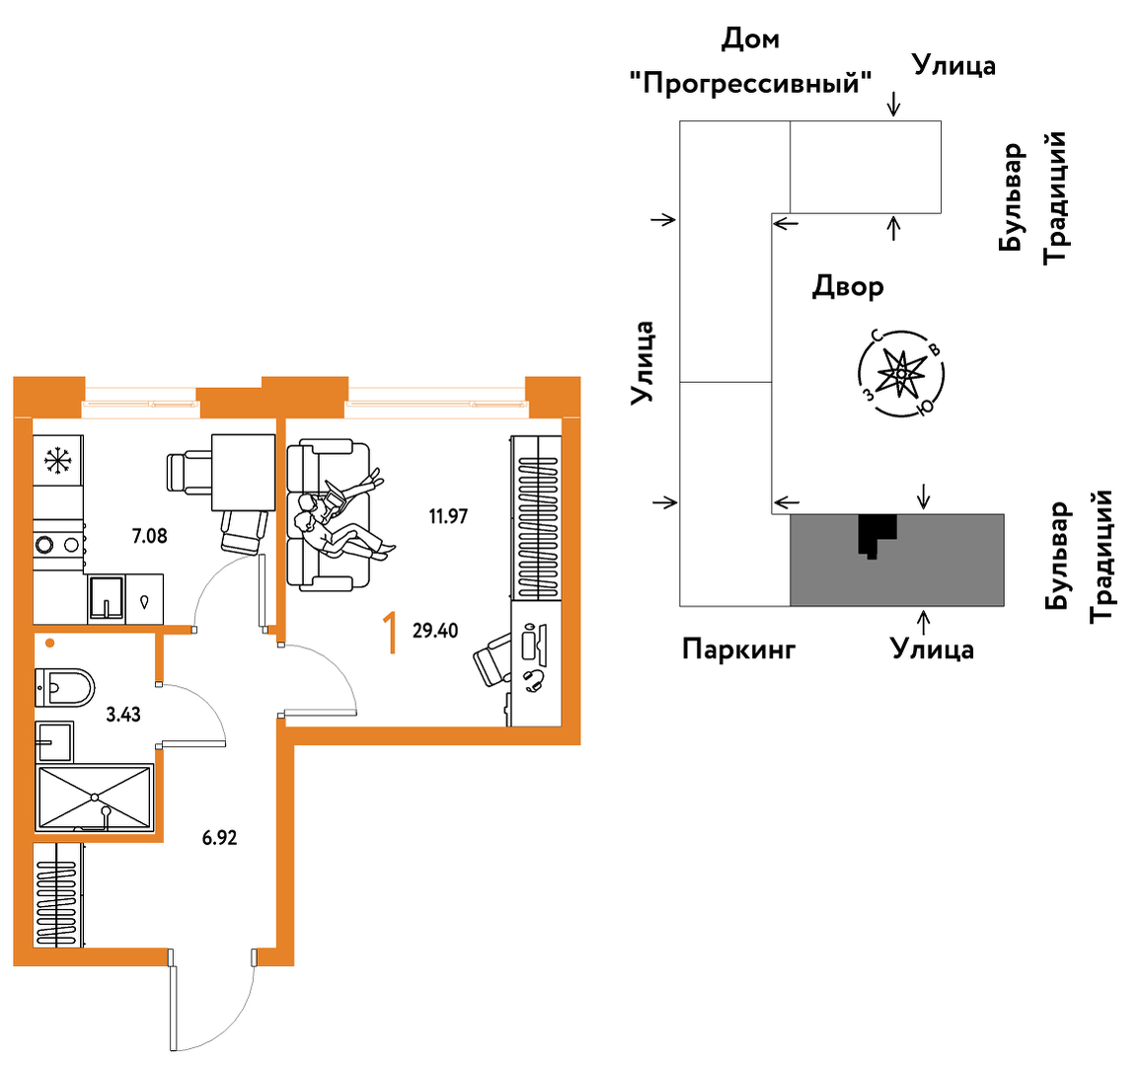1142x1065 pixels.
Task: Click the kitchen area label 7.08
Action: pyautogui.click(x=149, y=536)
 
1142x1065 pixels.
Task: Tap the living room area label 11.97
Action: pyautogui.click(x=448, y=516)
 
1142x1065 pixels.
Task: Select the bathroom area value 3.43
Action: pyautogui.click(x=123, y=715)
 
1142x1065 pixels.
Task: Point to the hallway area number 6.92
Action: pyautogui.click(x=219, y=838)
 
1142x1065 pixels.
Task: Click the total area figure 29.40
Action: pyautogui.click(x=435, y=631)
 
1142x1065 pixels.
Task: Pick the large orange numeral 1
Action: pyautogui.click(x=391, y=633)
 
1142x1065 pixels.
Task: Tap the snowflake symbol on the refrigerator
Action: pyautogui.click(x=58, y=460)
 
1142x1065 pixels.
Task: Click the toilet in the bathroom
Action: pyautogui.click(x=65, y=688)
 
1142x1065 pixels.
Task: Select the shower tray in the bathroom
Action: pyautogui.click(x=95, y=798)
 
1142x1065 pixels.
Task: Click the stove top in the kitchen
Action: pyautogui.click(x=59, y=544)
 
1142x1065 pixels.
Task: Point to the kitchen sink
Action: pyautogui.click(x=107, y=599)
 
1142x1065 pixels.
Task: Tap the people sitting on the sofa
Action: pyautogui.click(x=343, y=516)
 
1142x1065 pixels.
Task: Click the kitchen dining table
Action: pyautogui.click(x=243, y=473)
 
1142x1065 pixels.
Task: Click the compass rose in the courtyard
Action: pyautogui.click(x=901, y=374)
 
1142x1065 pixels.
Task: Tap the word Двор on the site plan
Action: pyautogui.click(x=848, y=287)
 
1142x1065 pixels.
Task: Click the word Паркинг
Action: pyautogui.click(x=738, y=649)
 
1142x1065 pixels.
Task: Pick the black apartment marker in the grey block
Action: pyautogui.click(x=876, y=535)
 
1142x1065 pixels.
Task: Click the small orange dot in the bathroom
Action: pyautogui.click(x=49, y=644)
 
